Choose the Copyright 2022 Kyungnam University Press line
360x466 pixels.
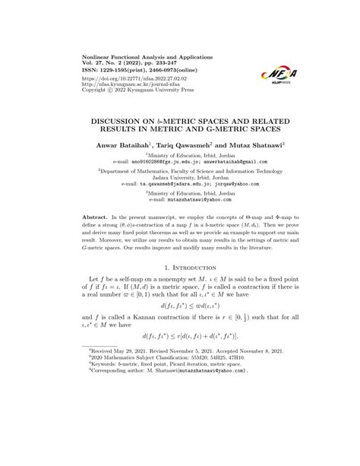tap(129, 89)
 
